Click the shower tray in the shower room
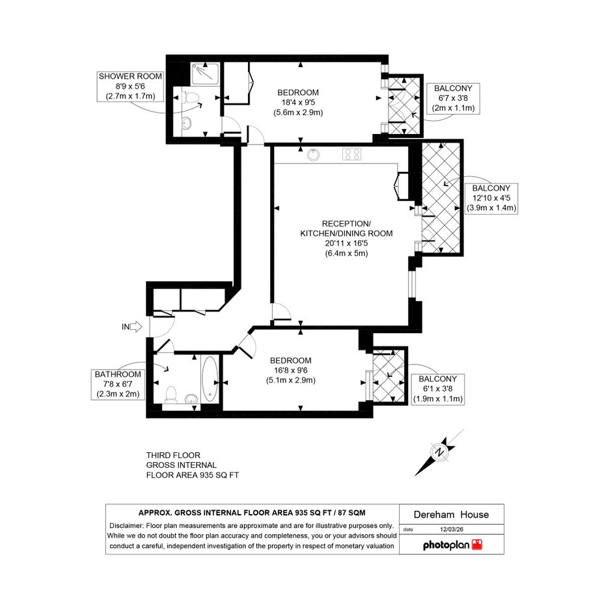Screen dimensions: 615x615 click(205, 74)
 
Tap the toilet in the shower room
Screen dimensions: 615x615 click(189, 98)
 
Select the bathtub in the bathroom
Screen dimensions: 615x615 click(210, 379)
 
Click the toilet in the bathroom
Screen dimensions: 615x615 click(171, 394)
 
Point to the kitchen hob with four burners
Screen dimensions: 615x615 click(352, 154)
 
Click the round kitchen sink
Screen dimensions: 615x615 click(313, 154)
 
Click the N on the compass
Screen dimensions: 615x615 click(440, 452)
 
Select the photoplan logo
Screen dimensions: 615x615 click(452, 545)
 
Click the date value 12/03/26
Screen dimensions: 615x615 click(452, 529)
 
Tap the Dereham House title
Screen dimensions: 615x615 click(451, 515)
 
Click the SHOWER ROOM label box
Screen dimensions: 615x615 click(130, 87)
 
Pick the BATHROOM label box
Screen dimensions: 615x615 click(118, 385)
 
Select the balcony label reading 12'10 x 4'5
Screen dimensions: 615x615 click(491, 198)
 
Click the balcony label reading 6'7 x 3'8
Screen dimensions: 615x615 click(453, 98)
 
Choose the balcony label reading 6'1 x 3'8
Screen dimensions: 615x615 click(438, 389)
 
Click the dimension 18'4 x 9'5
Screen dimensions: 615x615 click(298, 102)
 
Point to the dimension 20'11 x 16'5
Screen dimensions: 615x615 click(346, 243)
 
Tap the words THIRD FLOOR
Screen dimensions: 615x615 click(173, 456)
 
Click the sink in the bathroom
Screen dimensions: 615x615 click(191, 398)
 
